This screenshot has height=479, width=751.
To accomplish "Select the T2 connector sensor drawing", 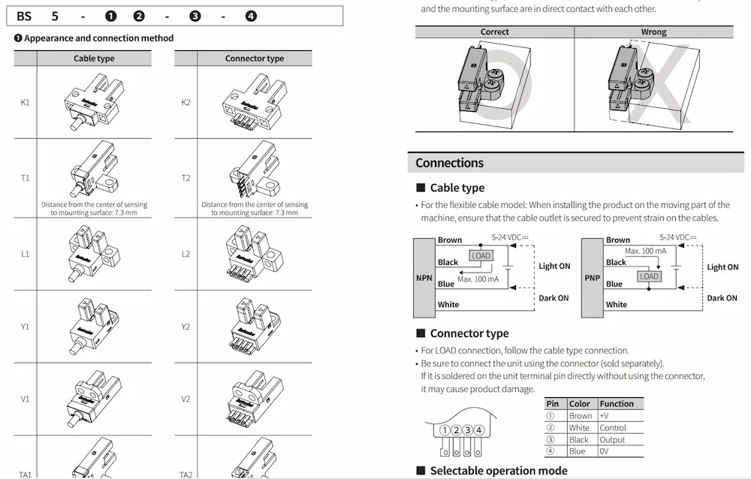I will (x=255, y=172).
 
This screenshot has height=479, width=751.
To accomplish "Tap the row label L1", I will (x=25, y=255).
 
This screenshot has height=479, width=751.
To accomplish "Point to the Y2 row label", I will (x=185, y=327).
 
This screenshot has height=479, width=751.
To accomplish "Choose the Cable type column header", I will (x=94, y=59).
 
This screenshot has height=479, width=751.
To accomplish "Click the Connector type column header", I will (x=255, y=59).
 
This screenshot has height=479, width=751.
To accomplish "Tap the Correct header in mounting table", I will (x=494, y=32).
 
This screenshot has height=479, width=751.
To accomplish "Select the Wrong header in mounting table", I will (x=653, y=32).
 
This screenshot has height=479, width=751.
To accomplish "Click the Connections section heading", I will (x=450, y=163).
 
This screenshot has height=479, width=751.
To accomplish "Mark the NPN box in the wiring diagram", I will (x=424, y=278).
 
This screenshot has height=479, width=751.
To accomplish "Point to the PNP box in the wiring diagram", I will (x=593, y=278).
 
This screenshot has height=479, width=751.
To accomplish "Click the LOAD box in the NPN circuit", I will (x=481, y=256).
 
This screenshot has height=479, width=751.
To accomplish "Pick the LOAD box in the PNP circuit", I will (x=649, y=276).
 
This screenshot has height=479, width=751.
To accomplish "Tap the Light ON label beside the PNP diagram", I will (x=722, y=267).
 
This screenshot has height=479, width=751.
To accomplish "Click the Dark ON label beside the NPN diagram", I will (x=554, y=298).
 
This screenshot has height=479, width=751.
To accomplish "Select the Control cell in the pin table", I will (x=613, y=428).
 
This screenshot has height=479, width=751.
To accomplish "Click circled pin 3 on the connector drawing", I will (x=467, y=430).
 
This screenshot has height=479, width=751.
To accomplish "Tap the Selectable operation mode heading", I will (x=499, y=471).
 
